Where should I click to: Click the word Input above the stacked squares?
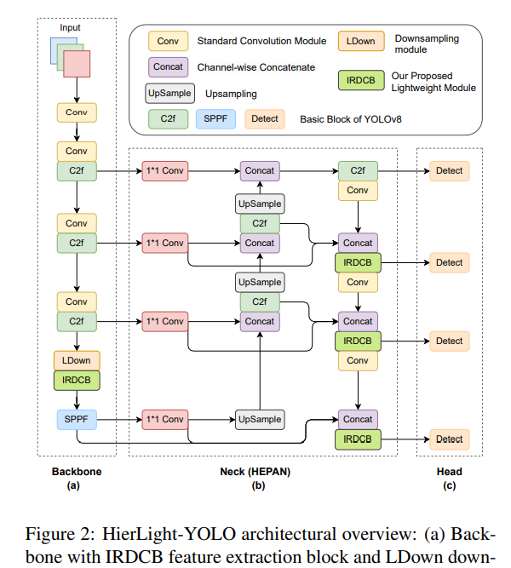tap(70, 28)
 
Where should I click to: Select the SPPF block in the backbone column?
tap(77, 419)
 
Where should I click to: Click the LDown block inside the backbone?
tap(77, 361)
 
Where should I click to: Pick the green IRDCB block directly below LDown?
tap(77, 381)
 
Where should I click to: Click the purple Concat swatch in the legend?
tap(168, 66)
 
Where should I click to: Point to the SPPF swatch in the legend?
tap(216, 118)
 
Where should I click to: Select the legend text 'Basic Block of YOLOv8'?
tap(349, 119)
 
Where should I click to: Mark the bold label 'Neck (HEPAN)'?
tap(258, 472)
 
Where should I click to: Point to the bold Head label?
tap(449, 472)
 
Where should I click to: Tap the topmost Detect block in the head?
tap(449, 171)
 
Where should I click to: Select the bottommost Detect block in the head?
tap(449, 440)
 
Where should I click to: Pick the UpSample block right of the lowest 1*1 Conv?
tap(260, 419)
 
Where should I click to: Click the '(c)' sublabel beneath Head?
tap(449, 485)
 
